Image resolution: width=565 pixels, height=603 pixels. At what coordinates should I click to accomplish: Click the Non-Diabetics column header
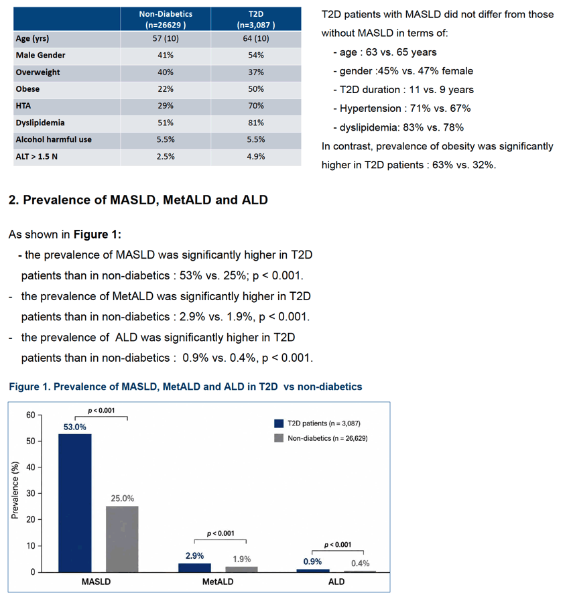coord(166,19)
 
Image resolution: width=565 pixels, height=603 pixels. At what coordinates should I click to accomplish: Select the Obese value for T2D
coord(256,89)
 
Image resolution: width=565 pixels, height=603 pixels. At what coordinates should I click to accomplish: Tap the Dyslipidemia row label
coord(40,123)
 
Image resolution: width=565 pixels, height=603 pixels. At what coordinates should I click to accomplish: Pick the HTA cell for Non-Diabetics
coord(166,106)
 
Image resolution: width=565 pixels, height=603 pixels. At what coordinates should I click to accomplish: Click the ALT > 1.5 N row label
coord(37,157)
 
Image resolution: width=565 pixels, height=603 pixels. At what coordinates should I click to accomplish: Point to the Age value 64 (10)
coord(256,38)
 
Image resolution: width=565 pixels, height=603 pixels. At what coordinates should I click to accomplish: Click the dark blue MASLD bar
coord(75,503)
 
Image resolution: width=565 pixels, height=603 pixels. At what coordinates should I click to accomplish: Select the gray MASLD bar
coord(122,539)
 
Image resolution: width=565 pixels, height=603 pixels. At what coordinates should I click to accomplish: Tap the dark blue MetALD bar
coord(194,567)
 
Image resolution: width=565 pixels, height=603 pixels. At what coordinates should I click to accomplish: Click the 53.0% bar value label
coord(75,427)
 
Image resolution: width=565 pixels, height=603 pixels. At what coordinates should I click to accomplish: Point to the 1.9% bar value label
coord(241,559)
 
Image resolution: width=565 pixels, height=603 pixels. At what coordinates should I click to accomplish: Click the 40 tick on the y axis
coord(31,467)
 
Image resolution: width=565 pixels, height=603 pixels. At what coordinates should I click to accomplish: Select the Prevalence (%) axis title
coord(15,490)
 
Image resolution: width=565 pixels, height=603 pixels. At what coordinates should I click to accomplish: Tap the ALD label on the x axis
coord(336,582)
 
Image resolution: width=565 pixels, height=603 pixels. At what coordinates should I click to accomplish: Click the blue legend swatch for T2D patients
coord(279,423)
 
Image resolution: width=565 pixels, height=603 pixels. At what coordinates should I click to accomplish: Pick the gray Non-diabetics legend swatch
coord(279,438)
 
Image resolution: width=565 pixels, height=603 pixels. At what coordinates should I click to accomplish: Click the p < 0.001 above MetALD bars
coord(221,533)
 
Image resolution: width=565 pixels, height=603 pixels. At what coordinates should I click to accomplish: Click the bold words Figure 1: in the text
coord(97,234)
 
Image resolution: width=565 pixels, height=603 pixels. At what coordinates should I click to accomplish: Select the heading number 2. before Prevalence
coord(14,200)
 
